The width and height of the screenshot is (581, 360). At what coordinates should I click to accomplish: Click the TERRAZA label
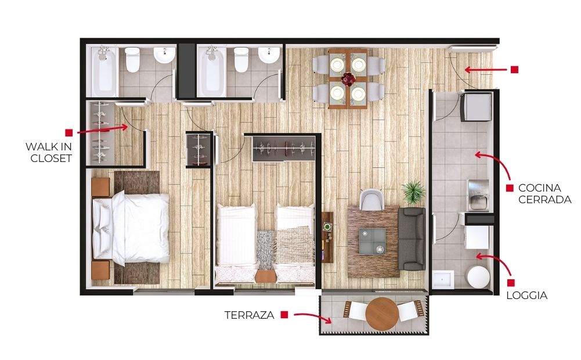point(249,315)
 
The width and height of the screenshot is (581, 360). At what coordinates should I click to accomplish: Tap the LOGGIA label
point(526,296)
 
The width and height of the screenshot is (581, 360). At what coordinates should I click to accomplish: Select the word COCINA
point(540,188)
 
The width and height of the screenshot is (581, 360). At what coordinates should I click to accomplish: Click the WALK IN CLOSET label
point(49,152)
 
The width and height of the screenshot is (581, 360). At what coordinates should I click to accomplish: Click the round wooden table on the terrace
point(382,314)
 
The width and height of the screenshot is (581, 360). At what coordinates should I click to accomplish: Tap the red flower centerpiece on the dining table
point(348,78)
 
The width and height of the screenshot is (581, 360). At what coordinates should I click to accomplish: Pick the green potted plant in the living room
point(413,192)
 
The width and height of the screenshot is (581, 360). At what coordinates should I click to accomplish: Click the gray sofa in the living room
point(412,239)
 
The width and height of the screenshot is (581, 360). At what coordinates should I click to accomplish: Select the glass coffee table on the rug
point(372,242)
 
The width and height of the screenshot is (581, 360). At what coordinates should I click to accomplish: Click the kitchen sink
point(478,195)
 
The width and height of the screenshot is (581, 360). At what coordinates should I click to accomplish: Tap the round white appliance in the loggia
point(478,276)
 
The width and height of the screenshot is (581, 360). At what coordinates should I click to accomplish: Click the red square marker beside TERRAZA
point(284,315)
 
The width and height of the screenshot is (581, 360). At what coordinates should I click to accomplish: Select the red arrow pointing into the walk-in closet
point(102,129)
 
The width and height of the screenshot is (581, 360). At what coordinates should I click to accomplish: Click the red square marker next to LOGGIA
point(511,283)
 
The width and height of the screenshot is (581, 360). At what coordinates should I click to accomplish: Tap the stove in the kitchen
point(476,107)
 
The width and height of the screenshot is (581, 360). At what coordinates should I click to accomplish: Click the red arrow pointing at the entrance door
point(486,69)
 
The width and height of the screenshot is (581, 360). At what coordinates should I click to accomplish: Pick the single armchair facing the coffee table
point(371,200)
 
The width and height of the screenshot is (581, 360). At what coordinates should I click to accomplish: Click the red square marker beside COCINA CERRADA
point(510,188)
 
